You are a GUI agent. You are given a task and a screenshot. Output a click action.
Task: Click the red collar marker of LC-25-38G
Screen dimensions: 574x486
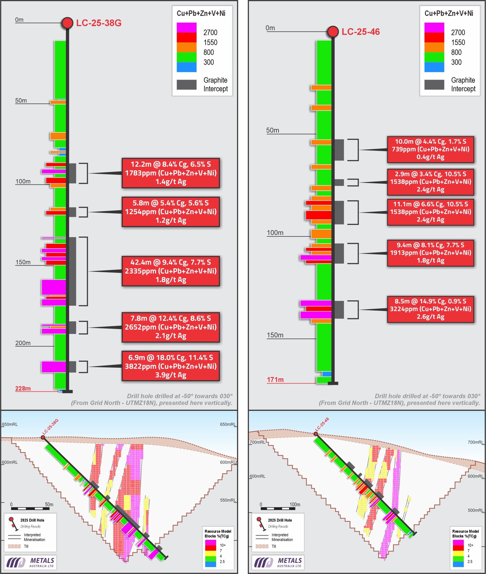pyautogui.click(x=67, y=23)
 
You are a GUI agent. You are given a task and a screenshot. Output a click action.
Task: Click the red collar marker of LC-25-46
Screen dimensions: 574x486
pyautogui.click(x=333, y=32)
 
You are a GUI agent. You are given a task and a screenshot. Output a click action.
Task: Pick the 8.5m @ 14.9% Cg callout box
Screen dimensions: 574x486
pyautogui.click(x=430, y=309)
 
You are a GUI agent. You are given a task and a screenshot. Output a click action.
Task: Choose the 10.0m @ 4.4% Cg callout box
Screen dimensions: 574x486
pyautogui.click(x=430, y=149)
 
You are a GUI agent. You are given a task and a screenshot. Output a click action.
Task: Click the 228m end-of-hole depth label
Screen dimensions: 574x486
pyautogui.click(x=23, y=388)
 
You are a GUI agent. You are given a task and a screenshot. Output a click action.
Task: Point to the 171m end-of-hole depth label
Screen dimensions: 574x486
pyautogui.click(x=275, y=380)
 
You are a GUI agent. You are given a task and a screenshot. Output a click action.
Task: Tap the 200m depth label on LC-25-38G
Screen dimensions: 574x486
pyautogui.click(x=23, y=343)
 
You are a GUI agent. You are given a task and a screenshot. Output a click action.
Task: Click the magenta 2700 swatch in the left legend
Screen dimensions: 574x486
pyautogui.click(x=187, y=28)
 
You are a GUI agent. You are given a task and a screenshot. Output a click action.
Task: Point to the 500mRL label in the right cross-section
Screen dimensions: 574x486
pyautogui.click(x=475, y=510)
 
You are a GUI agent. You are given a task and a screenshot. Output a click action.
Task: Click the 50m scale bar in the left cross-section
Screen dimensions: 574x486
pyautogui.click(x=30, y=508)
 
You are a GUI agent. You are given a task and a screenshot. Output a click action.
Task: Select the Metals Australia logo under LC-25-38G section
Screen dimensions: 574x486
pyautogui.click(x=30, y=562)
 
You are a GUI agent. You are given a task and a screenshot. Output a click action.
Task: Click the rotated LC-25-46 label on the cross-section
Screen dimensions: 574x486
pyautogui.click(x=322, y=424)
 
